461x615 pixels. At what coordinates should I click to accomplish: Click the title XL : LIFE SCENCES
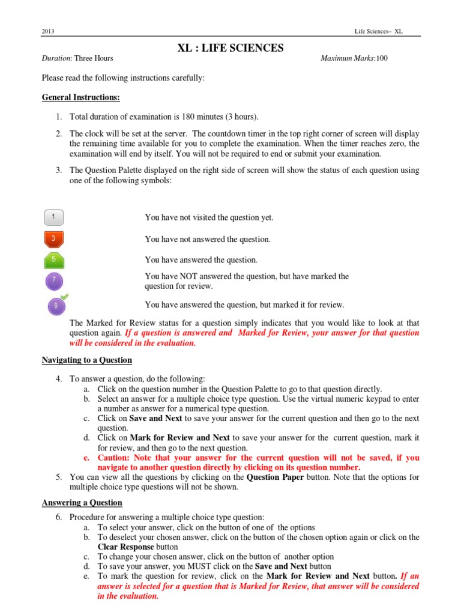230,47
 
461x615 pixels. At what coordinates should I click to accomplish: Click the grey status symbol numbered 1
54,217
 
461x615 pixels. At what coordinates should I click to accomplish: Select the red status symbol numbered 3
54,239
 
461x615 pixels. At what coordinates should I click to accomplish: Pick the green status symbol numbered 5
54,260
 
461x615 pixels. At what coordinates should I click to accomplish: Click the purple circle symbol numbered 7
54,280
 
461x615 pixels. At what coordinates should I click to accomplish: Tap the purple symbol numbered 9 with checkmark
56,305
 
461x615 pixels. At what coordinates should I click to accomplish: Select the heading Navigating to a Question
86,360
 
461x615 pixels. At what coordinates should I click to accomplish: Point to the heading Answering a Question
82,502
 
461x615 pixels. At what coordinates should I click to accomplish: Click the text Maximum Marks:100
354,58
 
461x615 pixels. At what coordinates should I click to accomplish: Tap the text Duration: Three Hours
77,58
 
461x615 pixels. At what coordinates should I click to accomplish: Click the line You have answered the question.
201,260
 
